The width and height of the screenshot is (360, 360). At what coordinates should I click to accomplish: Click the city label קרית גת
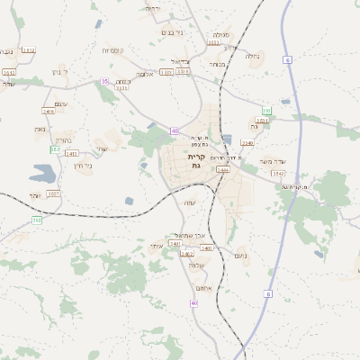tap(196, 161)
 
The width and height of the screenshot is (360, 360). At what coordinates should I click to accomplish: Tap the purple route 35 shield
tap(104, 82)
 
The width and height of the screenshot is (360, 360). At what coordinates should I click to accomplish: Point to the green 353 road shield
tap(56, 149)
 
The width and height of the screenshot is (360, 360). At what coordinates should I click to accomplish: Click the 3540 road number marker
tap(247, 142)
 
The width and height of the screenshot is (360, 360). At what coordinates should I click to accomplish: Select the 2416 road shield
tap(49, 112)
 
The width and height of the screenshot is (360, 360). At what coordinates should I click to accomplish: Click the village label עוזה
tap(190, 202)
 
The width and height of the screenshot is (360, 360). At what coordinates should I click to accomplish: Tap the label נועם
tap(241, 256)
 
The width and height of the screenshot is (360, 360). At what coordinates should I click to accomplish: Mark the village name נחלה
tap(253, 55)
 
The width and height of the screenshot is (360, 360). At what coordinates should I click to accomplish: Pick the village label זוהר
tap(34, 195)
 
